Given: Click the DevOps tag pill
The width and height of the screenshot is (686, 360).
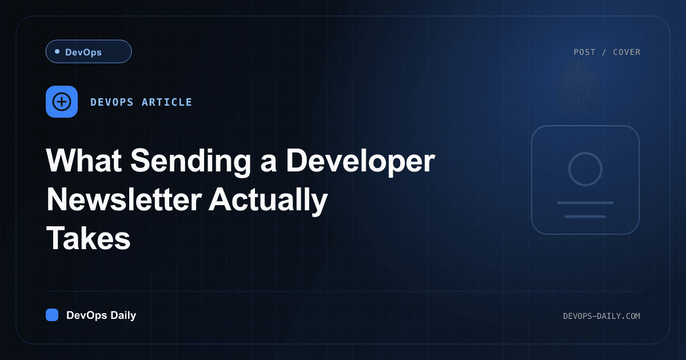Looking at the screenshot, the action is click(89, 51).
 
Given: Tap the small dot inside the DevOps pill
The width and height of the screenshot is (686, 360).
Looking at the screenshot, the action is click(57, 51).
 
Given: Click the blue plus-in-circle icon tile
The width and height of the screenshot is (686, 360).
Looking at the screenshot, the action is click(62, 102).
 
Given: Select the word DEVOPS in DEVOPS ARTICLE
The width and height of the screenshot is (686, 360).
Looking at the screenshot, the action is click(112, 102).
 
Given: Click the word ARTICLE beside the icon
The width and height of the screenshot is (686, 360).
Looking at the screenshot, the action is click(167, 102).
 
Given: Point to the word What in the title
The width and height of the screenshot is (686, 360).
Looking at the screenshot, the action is click(84, 161).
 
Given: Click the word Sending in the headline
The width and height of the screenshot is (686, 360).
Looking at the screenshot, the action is click(191, 161).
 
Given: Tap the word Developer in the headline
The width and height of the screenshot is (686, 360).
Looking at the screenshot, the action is click(361, 161).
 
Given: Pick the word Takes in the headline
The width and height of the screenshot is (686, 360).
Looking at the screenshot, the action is click(89, 238).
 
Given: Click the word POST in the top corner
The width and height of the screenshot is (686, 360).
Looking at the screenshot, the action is click(585, 52).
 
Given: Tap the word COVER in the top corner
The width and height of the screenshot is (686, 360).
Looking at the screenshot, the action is click(627, 52).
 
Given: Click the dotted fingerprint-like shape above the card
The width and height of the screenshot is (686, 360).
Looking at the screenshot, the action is click(577, 88).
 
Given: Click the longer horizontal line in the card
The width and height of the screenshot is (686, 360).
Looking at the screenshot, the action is click(585, 203).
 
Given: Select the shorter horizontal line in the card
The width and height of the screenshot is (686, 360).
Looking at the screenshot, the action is click(585, 217).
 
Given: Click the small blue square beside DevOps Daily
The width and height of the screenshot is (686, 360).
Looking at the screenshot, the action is click(52, 315).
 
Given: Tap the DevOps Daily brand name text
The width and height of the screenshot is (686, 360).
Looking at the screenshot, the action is click(101, 315).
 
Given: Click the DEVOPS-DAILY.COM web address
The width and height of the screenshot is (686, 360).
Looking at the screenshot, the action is click(601, 316).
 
